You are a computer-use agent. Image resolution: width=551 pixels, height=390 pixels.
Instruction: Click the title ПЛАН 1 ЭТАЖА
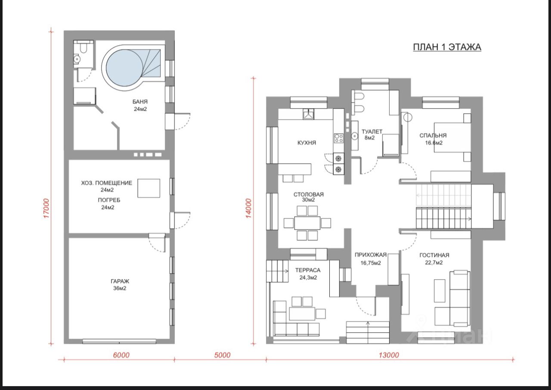(447, 47)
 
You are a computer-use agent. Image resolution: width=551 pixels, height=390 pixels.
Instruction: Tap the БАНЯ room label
(140, 102)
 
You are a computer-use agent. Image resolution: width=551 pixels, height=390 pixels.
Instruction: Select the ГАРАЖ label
(120, 281)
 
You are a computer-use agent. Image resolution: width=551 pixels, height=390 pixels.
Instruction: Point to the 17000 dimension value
(46, 208)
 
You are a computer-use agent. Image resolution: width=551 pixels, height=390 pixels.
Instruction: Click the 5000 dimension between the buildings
(223, 355)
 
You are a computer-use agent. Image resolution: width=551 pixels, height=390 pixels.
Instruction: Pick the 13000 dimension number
(389, 355)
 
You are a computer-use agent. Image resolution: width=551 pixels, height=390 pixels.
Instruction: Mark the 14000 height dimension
(249, 208)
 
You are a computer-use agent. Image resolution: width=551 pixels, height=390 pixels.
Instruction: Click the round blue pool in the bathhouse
(124, 68)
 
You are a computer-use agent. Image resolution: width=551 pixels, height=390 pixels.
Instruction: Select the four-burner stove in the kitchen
(338, 138)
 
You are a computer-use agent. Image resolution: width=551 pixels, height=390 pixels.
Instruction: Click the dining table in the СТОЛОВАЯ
(307, 223)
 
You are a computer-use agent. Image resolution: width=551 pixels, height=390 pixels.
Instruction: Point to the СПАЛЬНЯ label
(433, 135)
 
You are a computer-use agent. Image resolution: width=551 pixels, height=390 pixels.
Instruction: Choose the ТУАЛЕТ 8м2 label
(371, 135)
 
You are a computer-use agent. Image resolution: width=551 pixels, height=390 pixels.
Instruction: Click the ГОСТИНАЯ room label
(434, 255)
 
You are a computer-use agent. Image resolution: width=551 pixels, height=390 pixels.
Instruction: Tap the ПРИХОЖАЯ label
(371, 255)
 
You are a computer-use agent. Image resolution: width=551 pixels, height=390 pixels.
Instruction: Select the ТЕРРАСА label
(308, 270)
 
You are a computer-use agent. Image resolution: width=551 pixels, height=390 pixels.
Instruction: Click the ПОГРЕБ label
(109, 200)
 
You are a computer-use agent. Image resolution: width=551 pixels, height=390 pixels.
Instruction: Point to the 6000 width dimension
(121, 355)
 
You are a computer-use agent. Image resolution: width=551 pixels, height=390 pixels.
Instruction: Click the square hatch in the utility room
(149, 188)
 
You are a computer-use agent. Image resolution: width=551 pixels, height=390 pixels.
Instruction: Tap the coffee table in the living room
(440, 290)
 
